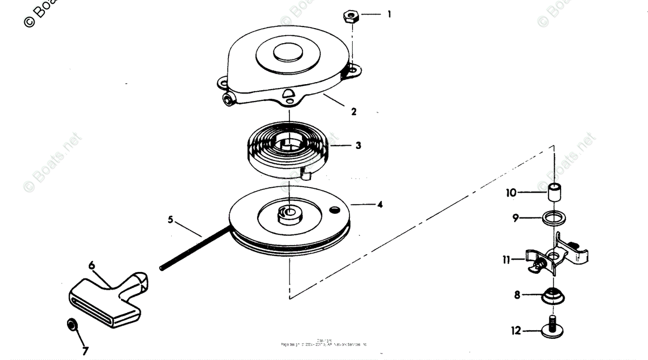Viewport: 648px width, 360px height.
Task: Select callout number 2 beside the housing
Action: tap(354, 112)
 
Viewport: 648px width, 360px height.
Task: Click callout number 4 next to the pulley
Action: tap(380, 205)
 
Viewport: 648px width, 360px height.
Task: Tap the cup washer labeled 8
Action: tap(553, 296)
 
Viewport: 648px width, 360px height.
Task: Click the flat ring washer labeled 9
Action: tap(554, 219)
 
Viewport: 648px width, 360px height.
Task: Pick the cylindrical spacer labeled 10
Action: tap(554, 192)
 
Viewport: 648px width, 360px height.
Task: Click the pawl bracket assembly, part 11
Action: tap(556, 256)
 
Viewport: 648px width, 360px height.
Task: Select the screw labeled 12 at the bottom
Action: tap(554, 329)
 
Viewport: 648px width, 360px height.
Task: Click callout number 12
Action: tap(516, 330)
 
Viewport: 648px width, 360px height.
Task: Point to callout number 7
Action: tap(85, 351)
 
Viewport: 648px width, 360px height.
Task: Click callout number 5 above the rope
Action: tap(171, 220)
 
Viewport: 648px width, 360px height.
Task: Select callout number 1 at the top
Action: tap(388, 15)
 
